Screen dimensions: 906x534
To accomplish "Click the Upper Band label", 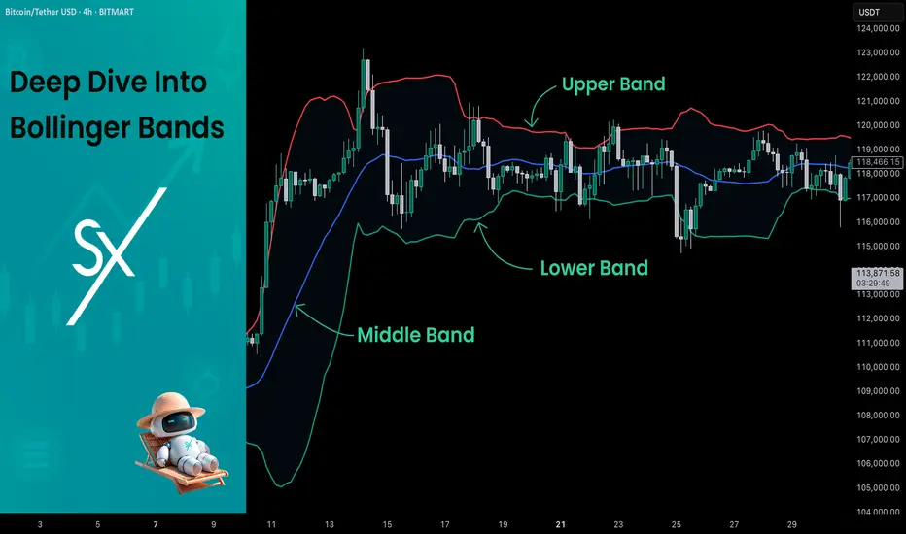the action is coord(613,84).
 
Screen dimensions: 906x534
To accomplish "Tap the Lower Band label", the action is coord(594,268).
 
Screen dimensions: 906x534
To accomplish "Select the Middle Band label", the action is coord(416,335).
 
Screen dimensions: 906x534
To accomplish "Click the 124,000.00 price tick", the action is coord(878,28).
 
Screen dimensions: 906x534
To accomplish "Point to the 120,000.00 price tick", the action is coord(878,124).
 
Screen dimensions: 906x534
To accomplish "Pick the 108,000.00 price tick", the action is coord(878,416).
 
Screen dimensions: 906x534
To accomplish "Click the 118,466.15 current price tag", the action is coord(877,162).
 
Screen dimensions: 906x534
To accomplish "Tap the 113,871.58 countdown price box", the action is coord(877,278).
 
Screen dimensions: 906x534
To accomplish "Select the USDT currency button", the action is coord(869,12).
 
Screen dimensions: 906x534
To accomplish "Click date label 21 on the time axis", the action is coord(561,524).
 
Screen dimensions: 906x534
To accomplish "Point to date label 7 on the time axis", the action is coord(156,524).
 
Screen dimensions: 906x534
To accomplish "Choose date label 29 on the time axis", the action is coord(792,524).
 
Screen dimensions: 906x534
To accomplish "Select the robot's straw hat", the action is coord(170,409).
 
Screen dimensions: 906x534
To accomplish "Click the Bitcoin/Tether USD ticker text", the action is coord(41,12).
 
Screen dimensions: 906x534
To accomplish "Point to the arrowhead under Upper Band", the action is coord(531,122).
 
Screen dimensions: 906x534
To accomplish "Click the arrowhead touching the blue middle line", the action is coord(298,310).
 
